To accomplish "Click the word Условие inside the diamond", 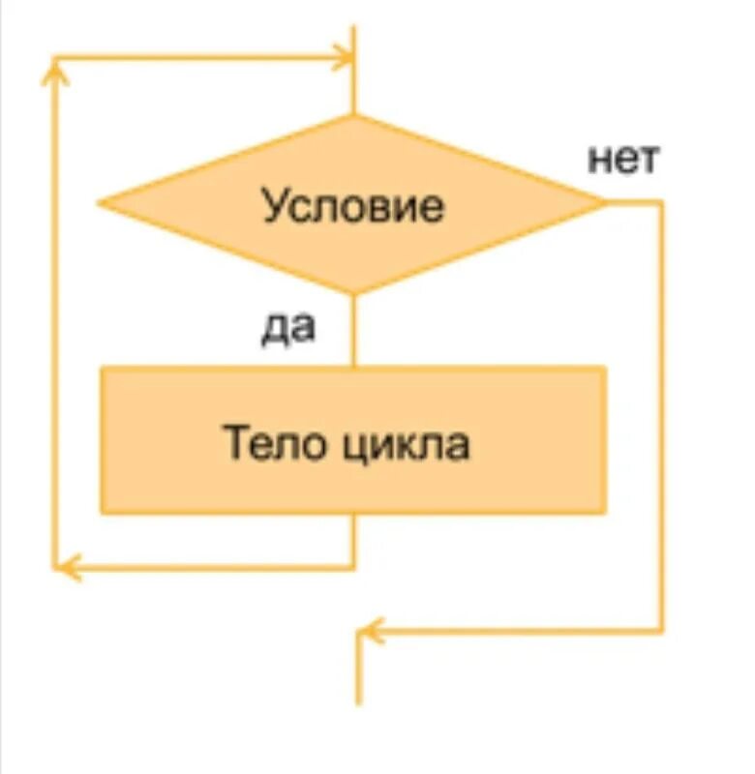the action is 353,206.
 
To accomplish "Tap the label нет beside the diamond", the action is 623,159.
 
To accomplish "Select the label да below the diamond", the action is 288,328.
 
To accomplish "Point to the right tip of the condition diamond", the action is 604,202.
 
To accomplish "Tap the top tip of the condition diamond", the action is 354,116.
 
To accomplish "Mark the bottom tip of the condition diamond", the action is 354,292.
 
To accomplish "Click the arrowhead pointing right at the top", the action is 344,57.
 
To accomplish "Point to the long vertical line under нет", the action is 662,416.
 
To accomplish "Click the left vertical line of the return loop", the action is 53,319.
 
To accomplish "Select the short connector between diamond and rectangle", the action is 354,329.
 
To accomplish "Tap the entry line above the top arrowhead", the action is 354,39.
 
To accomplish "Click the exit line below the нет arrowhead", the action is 359,677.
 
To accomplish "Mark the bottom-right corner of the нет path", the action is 662,631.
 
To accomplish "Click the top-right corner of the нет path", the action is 662,202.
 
